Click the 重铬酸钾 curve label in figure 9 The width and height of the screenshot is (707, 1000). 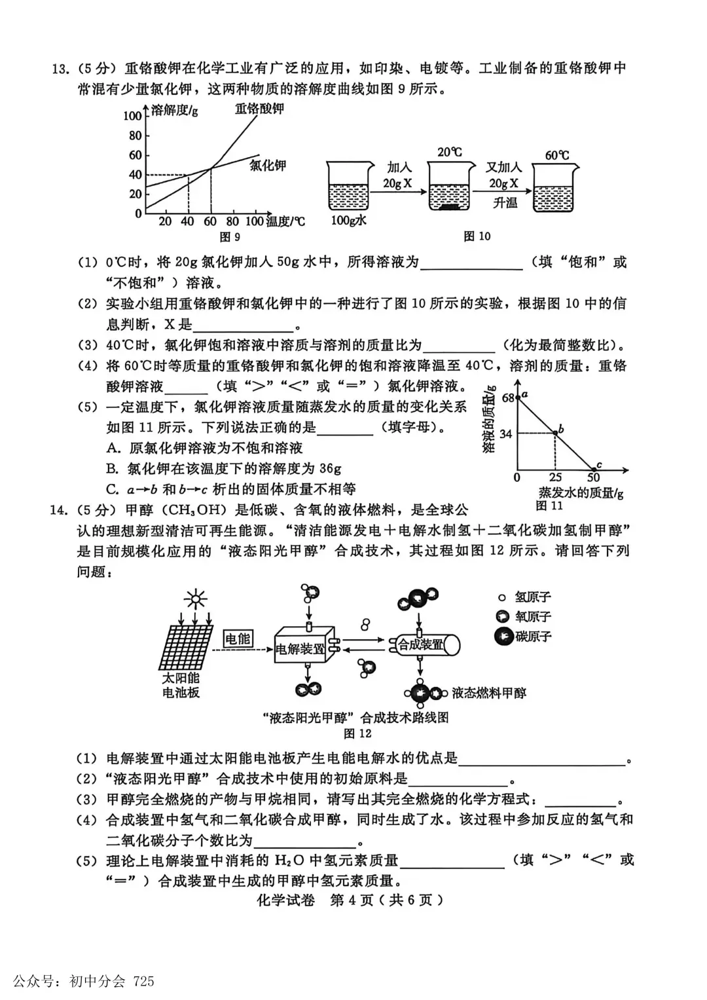tap(259, 109)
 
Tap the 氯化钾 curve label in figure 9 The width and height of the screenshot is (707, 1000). tap(268, 165)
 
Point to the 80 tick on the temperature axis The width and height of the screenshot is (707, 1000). tap(232, 221)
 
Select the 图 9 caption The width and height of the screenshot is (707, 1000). tap(230, 236)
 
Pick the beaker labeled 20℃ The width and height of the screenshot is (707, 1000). tap(448, 188)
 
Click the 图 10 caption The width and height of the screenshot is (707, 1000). tap(477, 236)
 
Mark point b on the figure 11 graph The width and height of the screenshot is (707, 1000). tap(556, 432)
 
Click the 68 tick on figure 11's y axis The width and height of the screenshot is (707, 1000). tap(508, 398)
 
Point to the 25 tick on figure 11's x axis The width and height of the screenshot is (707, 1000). tap(555, 477)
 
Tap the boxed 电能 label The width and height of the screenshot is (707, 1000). tap(238, 639)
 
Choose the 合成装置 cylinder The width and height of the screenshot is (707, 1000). tap(425, 645)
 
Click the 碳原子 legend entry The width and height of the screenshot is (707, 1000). tap(524, 636)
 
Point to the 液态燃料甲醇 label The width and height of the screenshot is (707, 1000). tap(488, 693)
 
